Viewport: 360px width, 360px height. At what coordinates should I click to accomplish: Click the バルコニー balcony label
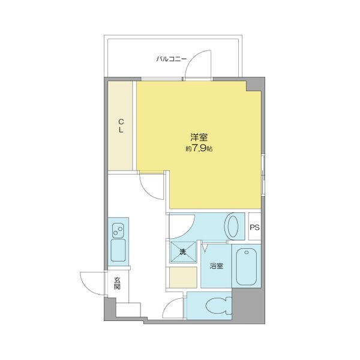(172, 59)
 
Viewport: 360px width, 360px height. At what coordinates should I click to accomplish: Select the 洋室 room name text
(199, 137)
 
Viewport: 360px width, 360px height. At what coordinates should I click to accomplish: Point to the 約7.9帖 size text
(199, 149)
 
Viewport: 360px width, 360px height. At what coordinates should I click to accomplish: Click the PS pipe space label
(255, 227)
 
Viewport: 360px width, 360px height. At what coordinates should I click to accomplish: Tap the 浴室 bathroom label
(216, 266)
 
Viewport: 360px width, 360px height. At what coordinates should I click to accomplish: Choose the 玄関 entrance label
(117, 283)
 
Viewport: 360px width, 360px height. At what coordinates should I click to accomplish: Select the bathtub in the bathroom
(246, 266)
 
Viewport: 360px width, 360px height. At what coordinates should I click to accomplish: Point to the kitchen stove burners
(118, 229)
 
